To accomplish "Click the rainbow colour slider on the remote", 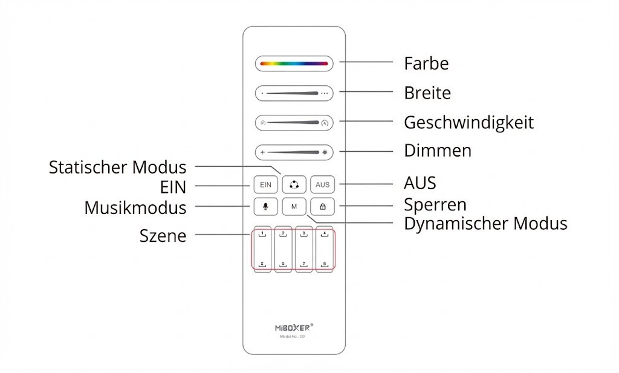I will (294, 63).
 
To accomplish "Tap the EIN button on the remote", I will (265, 184).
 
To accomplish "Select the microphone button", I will (265, 207).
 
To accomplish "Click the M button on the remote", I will (294, 207).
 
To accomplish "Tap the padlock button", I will (322, 207).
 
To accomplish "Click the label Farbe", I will (426, 63).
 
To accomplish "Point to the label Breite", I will (427, 93).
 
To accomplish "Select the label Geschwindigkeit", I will (468, 123).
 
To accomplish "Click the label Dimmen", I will (438, 151).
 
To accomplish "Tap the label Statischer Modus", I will (118, 166).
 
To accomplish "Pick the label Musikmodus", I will (135, 208).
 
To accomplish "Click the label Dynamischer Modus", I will (485, 224).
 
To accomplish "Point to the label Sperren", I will (435, 204).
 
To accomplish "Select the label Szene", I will (163, 236).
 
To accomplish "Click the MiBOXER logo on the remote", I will (294, 327).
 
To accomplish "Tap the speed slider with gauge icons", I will (294, 123).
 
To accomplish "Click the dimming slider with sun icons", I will (294, 152).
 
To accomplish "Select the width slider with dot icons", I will (294, 93).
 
